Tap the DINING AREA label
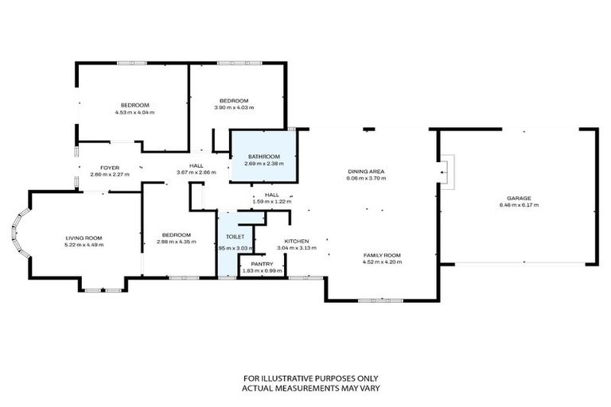[x=366, y=171]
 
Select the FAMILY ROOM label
[x=381, y=254]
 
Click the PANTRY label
[x=262, y=264]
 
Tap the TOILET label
[x=235, y=237]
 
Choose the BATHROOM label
[x=263, y=157]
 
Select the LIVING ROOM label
[x=84, y=237]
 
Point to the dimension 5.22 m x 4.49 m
[x=84, y=244]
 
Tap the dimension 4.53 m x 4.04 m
[x=134, y=112]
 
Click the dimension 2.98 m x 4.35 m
[x=176, y=241]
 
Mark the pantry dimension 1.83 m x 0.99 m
[x=262, y=271]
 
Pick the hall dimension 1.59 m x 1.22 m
[x=272, y=201]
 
